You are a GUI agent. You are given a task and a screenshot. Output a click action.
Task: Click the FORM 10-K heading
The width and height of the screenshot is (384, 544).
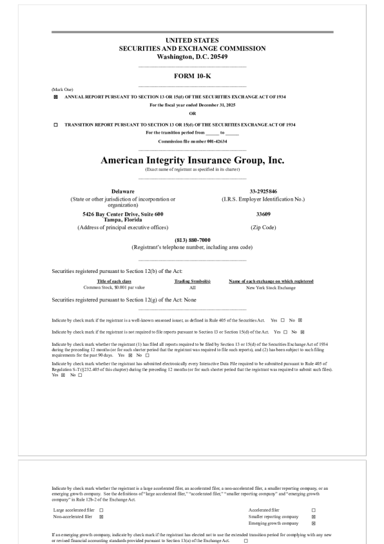(192, 76)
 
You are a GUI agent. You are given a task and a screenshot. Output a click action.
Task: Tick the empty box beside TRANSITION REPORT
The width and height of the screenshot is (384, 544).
(55, 125)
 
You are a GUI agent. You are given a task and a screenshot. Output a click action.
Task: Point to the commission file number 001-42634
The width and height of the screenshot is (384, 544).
(192, 141)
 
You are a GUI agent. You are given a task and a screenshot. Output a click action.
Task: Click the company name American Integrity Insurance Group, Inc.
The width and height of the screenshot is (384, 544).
(192, 160)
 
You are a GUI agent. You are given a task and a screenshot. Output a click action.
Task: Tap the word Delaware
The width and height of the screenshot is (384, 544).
(122, 192)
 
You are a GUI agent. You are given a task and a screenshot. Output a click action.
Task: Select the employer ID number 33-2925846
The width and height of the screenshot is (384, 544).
(263, 192)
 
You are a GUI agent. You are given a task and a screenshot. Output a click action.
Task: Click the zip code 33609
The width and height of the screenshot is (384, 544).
(263, 214)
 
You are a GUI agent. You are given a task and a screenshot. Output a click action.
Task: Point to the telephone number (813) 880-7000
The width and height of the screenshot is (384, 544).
(192, 240)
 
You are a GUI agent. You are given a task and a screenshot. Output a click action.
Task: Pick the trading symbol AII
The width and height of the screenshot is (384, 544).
(192, 287)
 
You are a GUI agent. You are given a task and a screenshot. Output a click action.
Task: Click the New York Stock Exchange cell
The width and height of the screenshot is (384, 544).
(271, 287)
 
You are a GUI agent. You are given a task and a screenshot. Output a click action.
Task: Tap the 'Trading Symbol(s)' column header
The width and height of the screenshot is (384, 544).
(192, 281)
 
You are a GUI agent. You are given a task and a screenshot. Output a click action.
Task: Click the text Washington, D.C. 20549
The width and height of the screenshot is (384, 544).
(192, 56)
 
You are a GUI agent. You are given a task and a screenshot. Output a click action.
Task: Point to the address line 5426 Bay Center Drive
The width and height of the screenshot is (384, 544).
(122, 214)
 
